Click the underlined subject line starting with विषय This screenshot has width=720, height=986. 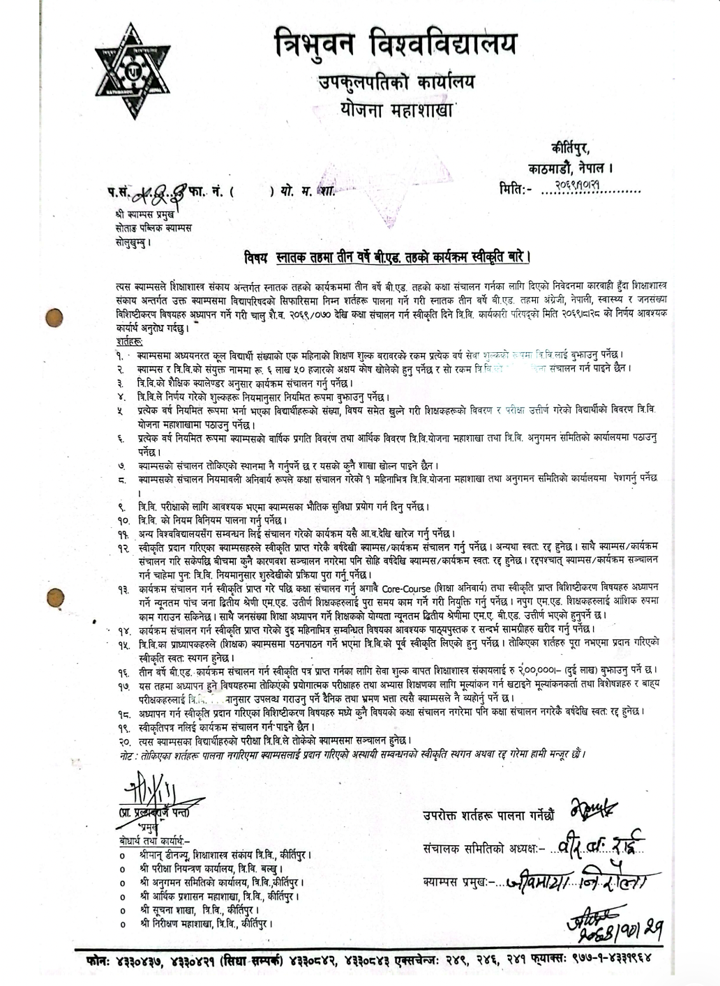(388, 258)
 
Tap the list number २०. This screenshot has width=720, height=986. (123, 742)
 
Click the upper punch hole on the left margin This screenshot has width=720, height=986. (54, 317)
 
